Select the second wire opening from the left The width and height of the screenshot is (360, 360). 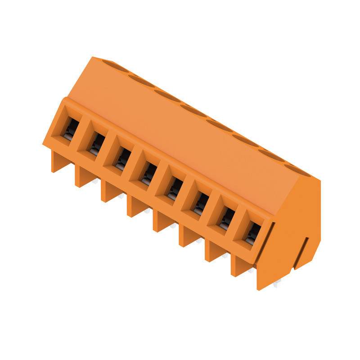click(x=95, y=143)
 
